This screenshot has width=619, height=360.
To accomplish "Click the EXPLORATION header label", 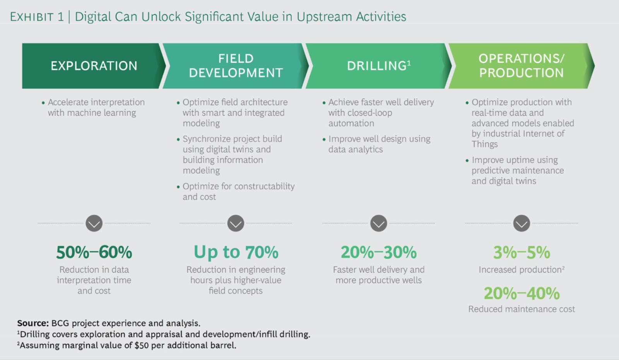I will click(94, 66).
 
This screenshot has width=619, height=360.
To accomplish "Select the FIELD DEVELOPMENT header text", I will click(236, 65).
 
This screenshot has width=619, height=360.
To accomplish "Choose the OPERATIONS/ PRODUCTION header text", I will click(521, 65).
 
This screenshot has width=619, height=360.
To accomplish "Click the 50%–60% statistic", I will click(94, 252).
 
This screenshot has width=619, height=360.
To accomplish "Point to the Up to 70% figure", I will click(236, 252).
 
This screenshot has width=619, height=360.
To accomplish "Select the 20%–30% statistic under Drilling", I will click(378, 252).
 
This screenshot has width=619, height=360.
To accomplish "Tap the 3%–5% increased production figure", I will click(522, 253).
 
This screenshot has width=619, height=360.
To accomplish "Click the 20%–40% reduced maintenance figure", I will click(522, 293).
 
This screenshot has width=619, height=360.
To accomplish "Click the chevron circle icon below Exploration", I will click(94, 223).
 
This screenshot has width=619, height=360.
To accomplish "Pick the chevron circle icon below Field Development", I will click(236, 223).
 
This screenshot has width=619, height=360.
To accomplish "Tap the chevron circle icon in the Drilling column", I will click(378, 223).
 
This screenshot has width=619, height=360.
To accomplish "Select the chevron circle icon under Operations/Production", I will click(522, 223).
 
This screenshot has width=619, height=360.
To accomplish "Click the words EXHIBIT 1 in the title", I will click(37, 17).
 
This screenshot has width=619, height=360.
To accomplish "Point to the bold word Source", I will click(32, 323).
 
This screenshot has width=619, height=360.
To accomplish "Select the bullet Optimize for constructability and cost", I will click(238, 192).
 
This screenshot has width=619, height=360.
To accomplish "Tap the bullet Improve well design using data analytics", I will click(379, 144).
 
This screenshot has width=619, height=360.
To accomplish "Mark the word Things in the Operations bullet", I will click(484, 144).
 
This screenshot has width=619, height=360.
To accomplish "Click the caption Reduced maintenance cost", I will click(522, 309).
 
